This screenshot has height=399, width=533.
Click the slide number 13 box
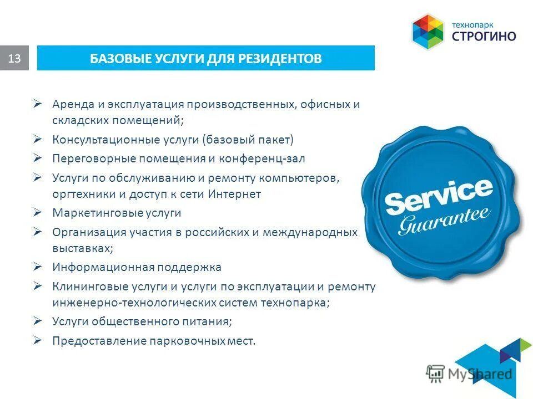(14, 58)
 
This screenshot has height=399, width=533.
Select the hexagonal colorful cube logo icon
(428, 31)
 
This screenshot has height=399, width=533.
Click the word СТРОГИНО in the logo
(484, 37)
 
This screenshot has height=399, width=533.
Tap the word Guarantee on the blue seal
(444, 221)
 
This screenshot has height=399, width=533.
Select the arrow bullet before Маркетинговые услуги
(38, 212)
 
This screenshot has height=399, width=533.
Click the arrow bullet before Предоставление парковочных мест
(38, 340)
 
